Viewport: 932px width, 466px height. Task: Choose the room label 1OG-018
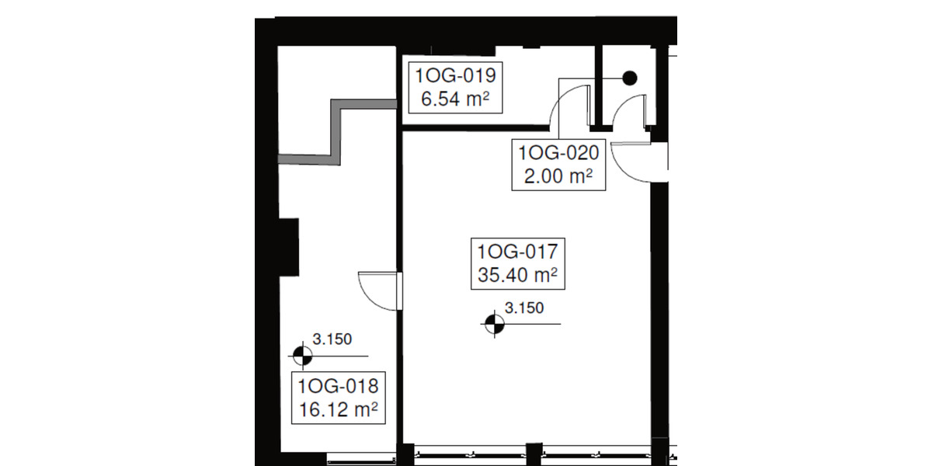point(338,385)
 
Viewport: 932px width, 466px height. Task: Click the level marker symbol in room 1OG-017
point(492,324)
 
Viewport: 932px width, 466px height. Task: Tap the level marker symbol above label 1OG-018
point(301,356)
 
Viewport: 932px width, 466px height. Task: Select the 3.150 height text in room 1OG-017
point(521,308)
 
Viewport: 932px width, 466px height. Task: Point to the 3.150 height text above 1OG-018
point(332,339)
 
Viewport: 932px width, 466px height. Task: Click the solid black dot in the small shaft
point(630,78)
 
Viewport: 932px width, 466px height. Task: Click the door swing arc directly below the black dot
point(628,109)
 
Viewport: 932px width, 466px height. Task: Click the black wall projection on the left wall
point(288,247)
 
